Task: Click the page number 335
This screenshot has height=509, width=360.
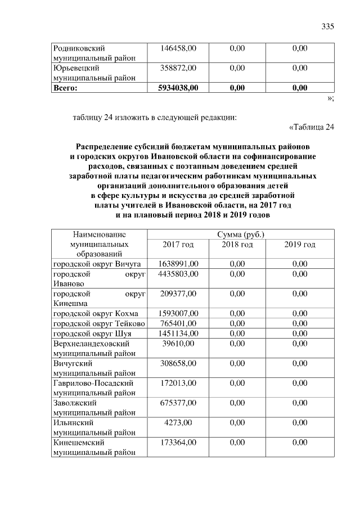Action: (x=327, y=27)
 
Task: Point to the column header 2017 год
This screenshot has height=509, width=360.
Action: (x=178, y=245)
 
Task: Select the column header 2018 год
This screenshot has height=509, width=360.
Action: (x=237, y=245)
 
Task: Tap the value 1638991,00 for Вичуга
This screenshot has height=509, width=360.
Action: (x=178, y=264)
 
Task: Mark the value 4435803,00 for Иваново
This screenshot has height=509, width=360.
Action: (x=178, y=273)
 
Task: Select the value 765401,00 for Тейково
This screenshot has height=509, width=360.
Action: (x=178, y=323)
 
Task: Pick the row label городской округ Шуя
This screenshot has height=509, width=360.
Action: (x=92, y=333)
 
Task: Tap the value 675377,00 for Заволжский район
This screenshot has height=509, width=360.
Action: (x=178, y=403)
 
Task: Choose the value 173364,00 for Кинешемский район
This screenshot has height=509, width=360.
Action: (x=178, y=443)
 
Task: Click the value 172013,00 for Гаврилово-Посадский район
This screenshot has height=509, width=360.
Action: (x=178, y=383)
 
